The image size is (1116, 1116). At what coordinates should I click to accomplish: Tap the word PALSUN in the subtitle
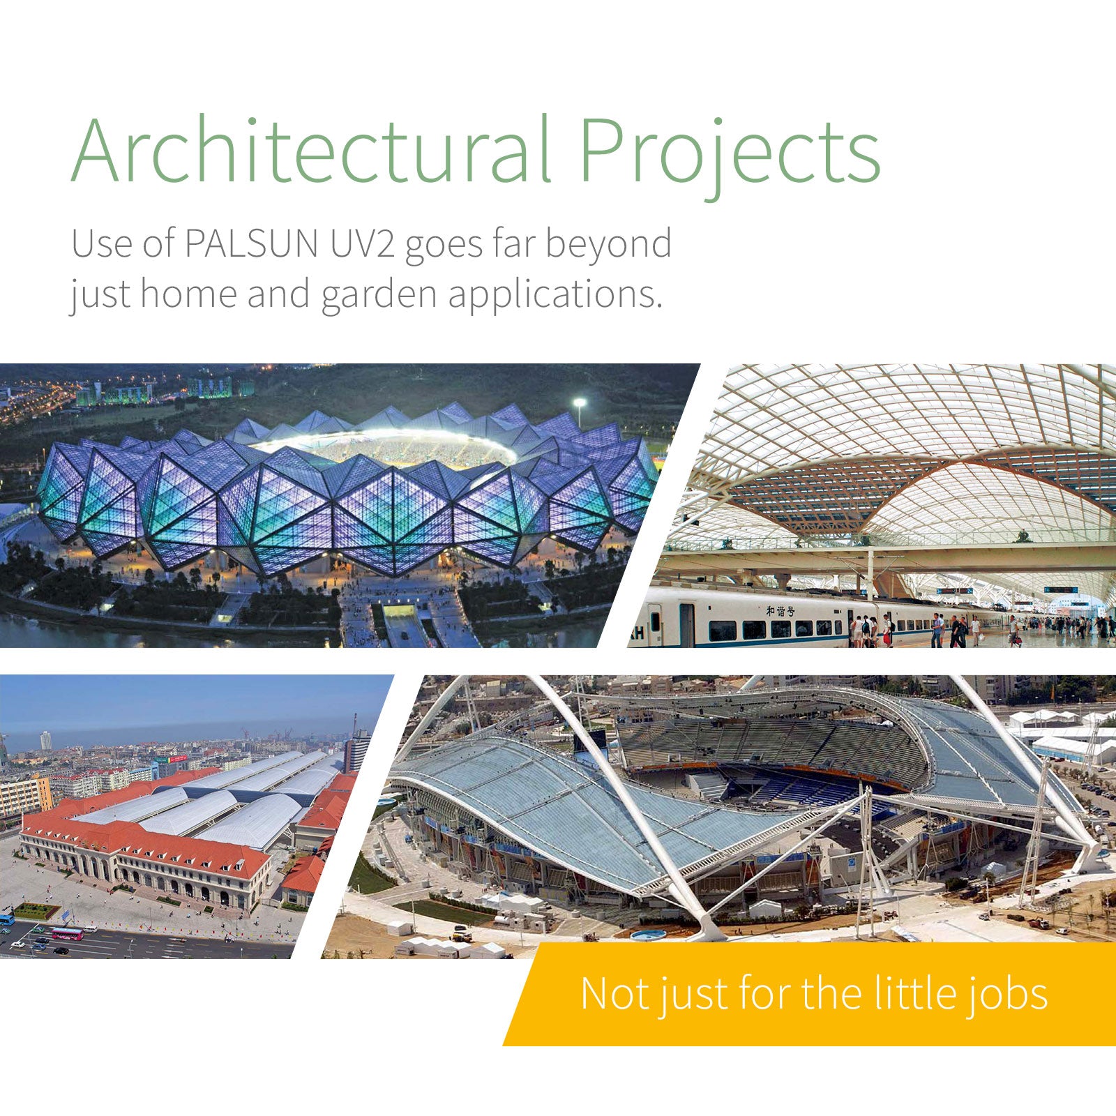click(x=251, y=243)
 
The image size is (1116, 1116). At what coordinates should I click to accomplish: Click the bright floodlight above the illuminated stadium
click(x=579, y=403)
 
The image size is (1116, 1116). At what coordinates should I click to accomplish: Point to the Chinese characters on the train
click(x=781, y=611)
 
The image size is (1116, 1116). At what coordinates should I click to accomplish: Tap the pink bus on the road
click(x=67, y=933)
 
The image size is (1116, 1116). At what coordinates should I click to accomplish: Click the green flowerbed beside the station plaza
click(x=36, y=911)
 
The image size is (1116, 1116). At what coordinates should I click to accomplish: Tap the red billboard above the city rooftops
click(x=162, y=759)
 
